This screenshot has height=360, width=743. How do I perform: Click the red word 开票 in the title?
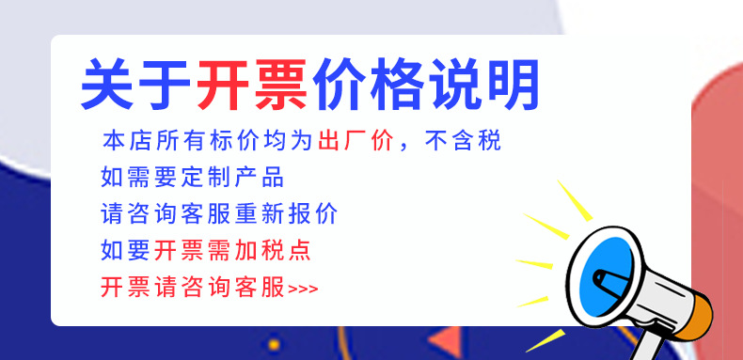coord(252,85)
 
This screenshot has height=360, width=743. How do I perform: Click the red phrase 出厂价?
coord(352,142)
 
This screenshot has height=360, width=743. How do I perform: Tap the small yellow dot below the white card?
coord(274,345)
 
